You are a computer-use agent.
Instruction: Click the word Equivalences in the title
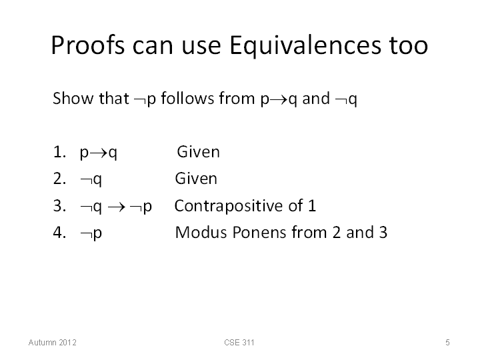305,46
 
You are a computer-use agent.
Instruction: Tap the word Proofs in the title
88,45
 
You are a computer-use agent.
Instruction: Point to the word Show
73,98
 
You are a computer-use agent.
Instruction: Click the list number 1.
59,152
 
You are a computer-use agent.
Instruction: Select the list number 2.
59,179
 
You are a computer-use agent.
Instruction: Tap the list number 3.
59,205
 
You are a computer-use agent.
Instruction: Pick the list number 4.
59,233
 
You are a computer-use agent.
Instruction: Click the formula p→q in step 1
98,153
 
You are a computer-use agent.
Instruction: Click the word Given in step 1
199,151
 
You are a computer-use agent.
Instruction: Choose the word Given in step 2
196,178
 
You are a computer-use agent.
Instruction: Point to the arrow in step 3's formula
117,207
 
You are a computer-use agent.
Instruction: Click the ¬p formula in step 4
91,233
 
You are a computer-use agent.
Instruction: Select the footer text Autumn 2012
53,342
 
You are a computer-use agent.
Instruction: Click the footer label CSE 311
239,342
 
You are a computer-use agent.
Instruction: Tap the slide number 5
447,342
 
